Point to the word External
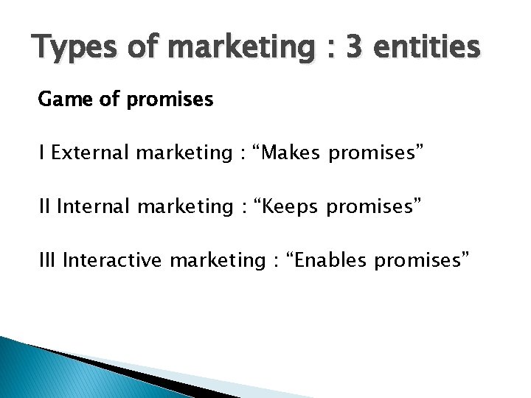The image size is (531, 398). pyautogui.click(x=89, y=153)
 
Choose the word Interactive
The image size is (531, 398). pyautogui.click(x=114, y=260)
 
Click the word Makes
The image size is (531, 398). pyautogui.click(x=292, y=153)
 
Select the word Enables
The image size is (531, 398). pyautogui.click(x=322, y=260)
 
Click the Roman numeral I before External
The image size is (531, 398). pyautogui.click(x=43, y=153)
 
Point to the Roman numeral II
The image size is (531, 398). pyautogui.click(x=46, y=206)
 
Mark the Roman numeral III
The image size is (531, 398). pyautogui.click(x=49, y=260)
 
